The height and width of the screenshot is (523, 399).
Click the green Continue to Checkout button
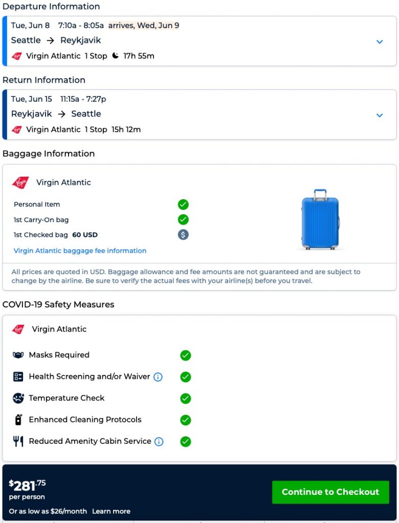[330, 492]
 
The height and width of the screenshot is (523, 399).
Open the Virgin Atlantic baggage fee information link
[80, 251]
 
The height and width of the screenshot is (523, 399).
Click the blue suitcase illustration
[320, 220]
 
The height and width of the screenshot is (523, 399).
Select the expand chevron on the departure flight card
[380, 41]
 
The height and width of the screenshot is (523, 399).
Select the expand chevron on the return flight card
[380, 115]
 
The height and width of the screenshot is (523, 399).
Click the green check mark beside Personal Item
[183, 204]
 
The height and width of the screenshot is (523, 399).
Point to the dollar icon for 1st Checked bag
[183, 235]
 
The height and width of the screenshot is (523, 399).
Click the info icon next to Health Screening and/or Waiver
[158, 377]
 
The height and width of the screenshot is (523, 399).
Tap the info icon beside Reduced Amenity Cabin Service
[159, 441]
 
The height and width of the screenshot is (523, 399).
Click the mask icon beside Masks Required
[18, 355]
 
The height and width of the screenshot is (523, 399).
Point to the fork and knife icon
[18, 441]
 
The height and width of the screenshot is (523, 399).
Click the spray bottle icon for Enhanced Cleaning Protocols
[18, 420]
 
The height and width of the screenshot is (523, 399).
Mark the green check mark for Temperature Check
[186, 398]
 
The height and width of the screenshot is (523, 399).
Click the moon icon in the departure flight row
[115, 56]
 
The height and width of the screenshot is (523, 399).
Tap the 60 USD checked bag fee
[85, 235]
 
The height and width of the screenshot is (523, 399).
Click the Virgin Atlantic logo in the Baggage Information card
[20, 182]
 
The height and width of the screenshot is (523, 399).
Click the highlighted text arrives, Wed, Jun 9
[144, 26]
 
